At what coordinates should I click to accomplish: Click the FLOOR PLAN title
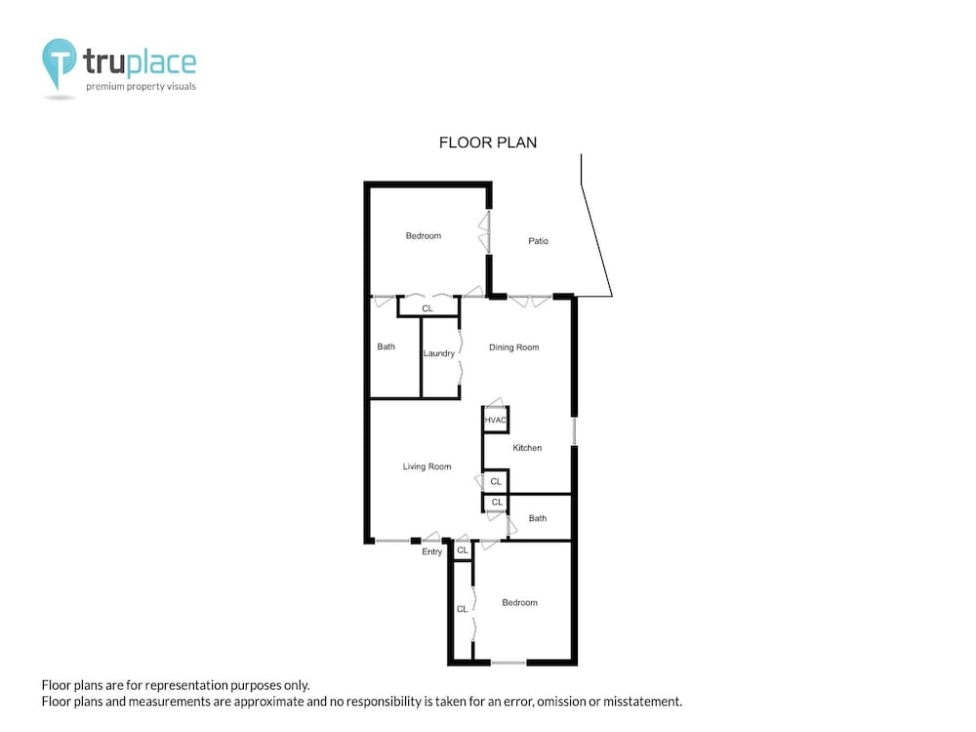487,142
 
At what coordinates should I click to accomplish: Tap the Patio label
538,241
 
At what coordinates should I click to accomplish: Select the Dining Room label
513,347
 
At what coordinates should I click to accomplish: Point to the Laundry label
439,353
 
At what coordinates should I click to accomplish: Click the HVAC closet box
496,420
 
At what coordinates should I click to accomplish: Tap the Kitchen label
527,448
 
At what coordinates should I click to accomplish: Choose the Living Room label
427,467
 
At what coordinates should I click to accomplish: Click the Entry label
431,551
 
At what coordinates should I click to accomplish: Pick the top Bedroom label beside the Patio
424,236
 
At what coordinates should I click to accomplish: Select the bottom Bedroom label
519,602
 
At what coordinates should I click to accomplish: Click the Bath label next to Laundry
386,346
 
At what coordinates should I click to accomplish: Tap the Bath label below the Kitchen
537,518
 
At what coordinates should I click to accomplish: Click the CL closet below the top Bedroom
427,307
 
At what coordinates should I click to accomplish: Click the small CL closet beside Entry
462,550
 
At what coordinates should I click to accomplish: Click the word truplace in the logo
140,61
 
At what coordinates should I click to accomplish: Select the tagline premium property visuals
141,87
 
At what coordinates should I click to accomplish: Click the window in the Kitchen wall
574,430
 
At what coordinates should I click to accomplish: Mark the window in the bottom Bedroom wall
508,663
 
